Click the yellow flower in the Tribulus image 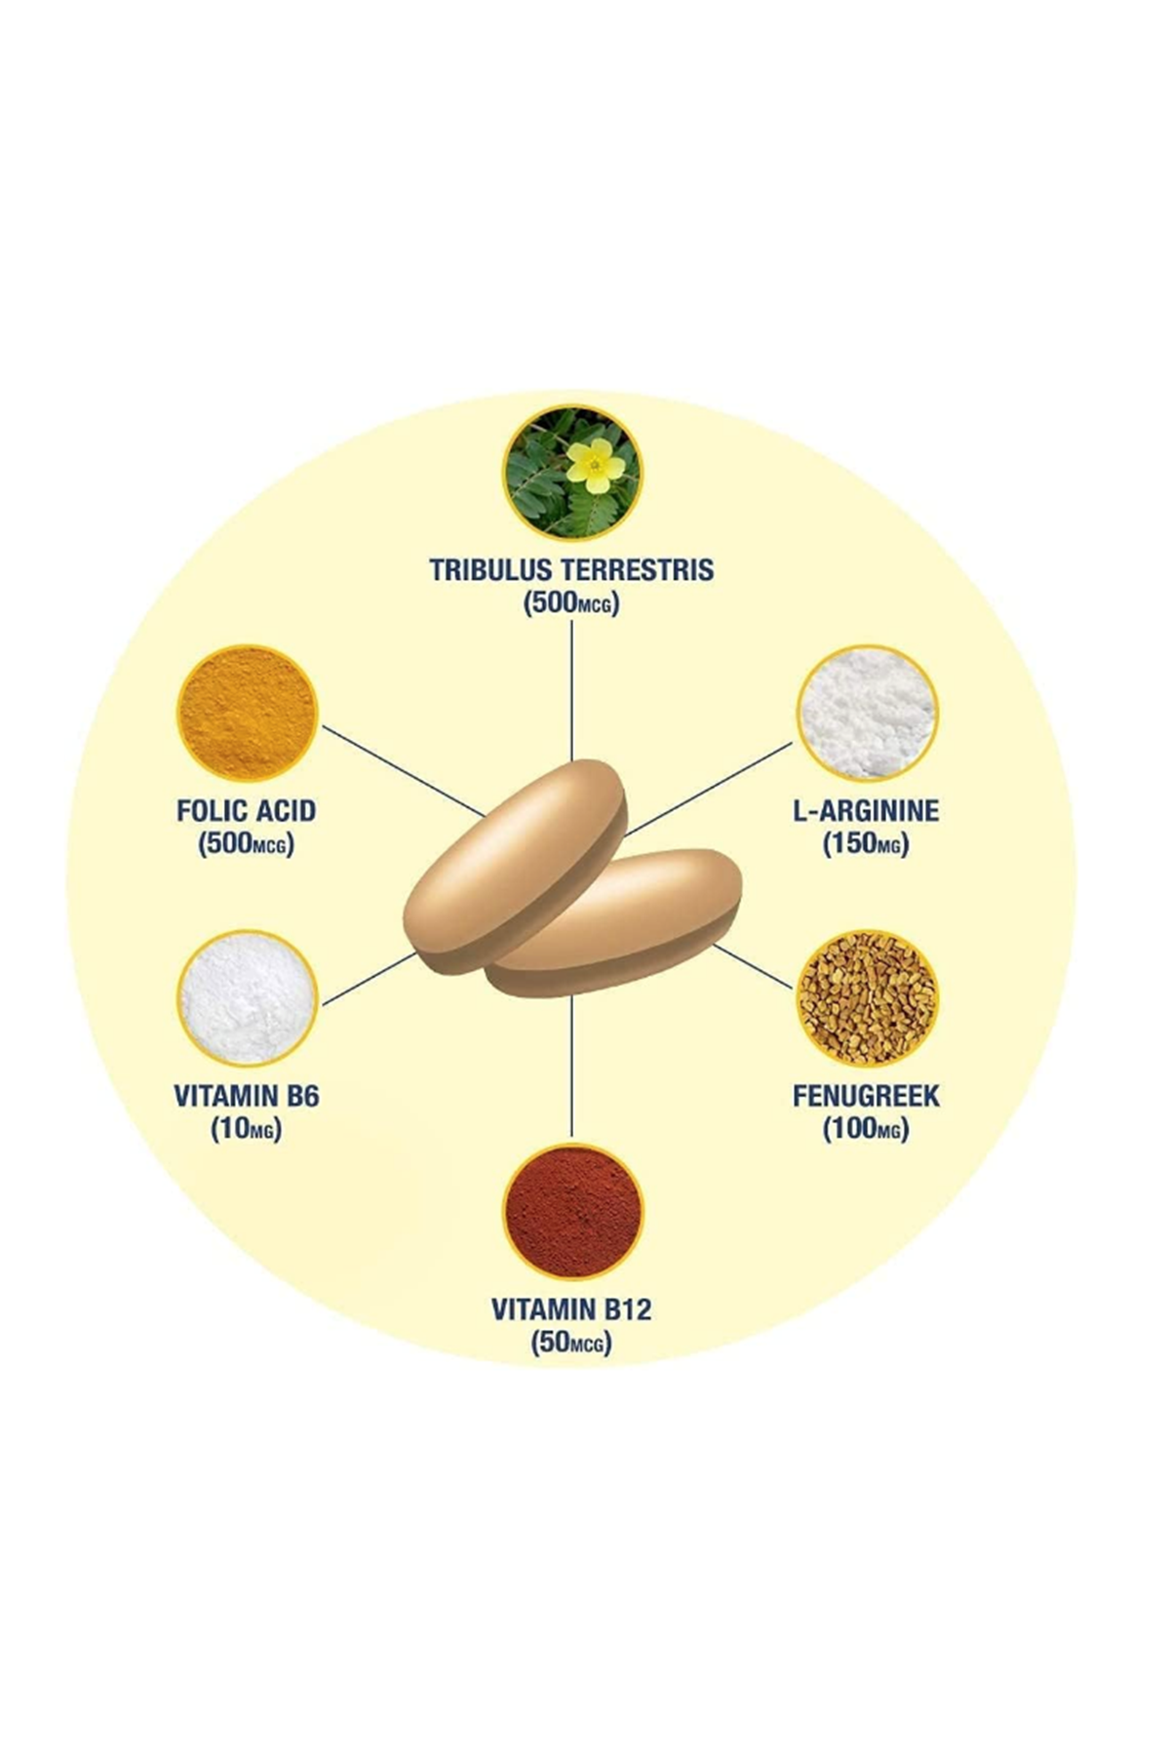(x=595, y=465)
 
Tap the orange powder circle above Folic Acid (x=247, y=714)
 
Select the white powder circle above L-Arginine (x=867, y=714)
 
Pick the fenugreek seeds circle (x=867, y=999)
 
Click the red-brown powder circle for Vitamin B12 (x=572, y=1212)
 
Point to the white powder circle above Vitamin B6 (x=247, y=999)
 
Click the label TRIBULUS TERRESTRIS (x=572, y=569)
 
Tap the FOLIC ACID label (x=247, y=810)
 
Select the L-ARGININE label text (x=866, y=810)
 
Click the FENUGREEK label (x=866, y=1096)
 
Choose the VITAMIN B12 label (x=571, y=1308)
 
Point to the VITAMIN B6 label (x=247, y=1096)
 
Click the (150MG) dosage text (x=866, y=843)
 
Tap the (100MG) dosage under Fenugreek (x=866, y=1129)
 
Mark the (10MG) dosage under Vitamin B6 (x=246, y=1129)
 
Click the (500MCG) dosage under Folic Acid (x=246, y=843)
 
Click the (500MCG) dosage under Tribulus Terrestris (x=571, y=603)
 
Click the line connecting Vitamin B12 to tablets (x=571, y=1068)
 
